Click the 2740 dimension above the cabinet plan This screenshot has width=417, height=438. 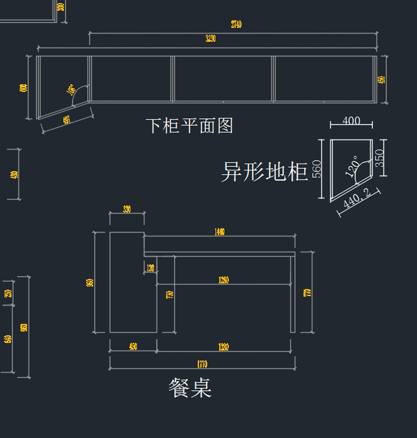[x=236, y=24]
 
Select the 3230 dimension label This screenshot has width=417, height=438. [x=211, y=38]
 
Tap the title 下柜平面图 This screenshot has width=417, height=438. [x=189, y=125]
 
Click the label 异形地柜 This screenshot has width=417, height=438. [x=264, y=171]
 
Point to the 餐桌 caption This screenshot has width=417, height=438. [x=190, y=388]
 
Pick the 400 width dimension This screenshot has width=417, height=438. [x=351, y=121]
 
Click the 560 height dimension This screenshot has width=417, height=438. [x=317, y=169]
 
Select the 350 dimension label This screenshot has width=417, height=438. [x=380, y=158]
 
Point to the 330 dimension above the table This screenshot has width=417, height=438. [x=127, y=209]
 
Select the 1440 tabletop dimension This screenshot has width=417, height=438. [x=219, y=232]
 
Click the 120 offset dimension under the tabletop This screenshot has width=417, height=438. [x=150, y=268]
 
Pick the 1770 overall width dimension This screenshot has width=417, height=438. [x=202, y=364]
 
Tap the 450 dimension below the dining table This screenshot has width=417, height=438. [x=133, y=347]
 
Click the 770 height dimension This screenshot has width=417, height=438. [x=308, y=292]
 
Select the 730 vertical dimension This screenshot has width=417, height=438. [x=170, y=294]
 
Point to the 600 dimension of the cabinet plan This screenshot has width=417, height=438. [x=24, y=88]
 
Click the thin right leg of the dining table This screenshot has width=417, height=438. [x=293, y=294]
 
